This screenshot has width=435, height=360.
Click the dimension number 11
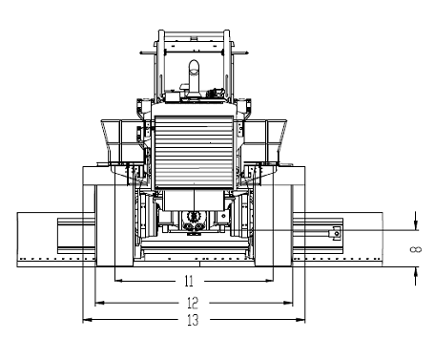[189, 282]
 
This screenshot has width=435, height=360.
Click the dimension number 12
[191, 302]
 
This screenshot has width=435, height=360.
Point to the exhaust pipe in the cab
[194, 76]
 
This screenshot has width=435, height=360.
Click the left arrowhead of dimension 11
[118, 282]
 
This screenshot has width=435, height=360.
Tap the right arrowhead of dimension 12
[291, 302]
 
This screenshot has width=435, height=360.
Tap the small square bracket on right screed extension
[335, 232]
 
